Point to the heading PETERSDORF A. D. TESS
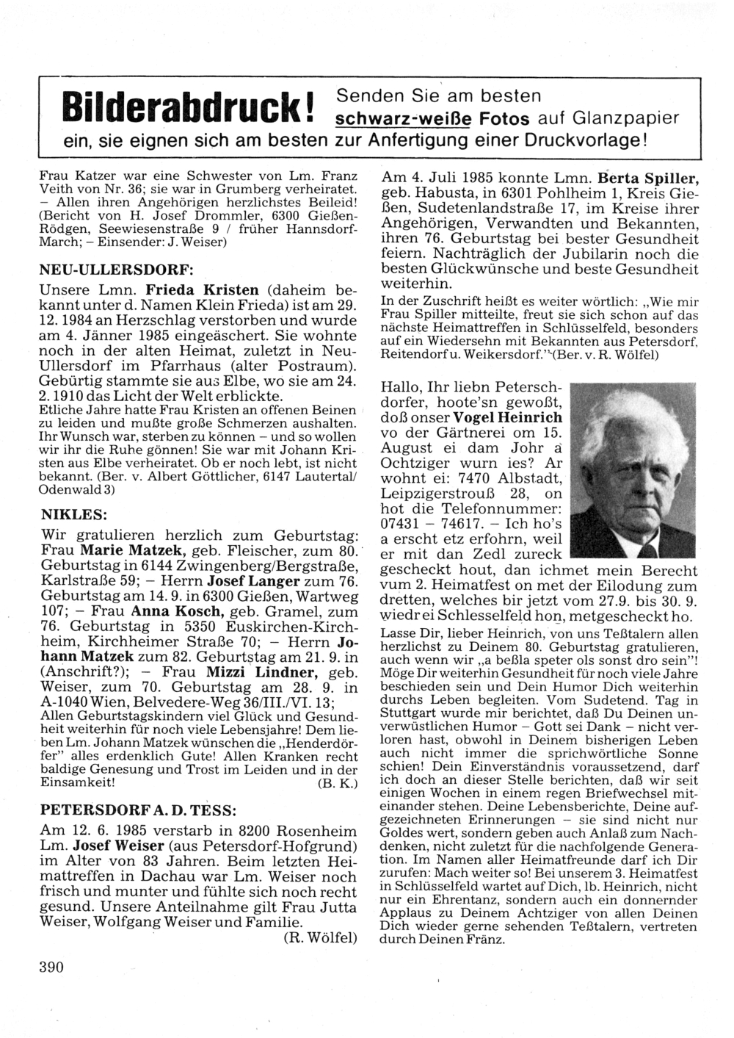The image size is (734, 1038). click(x=137, y=810)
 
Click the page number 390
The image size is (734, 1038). click(x=52, y=967)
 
